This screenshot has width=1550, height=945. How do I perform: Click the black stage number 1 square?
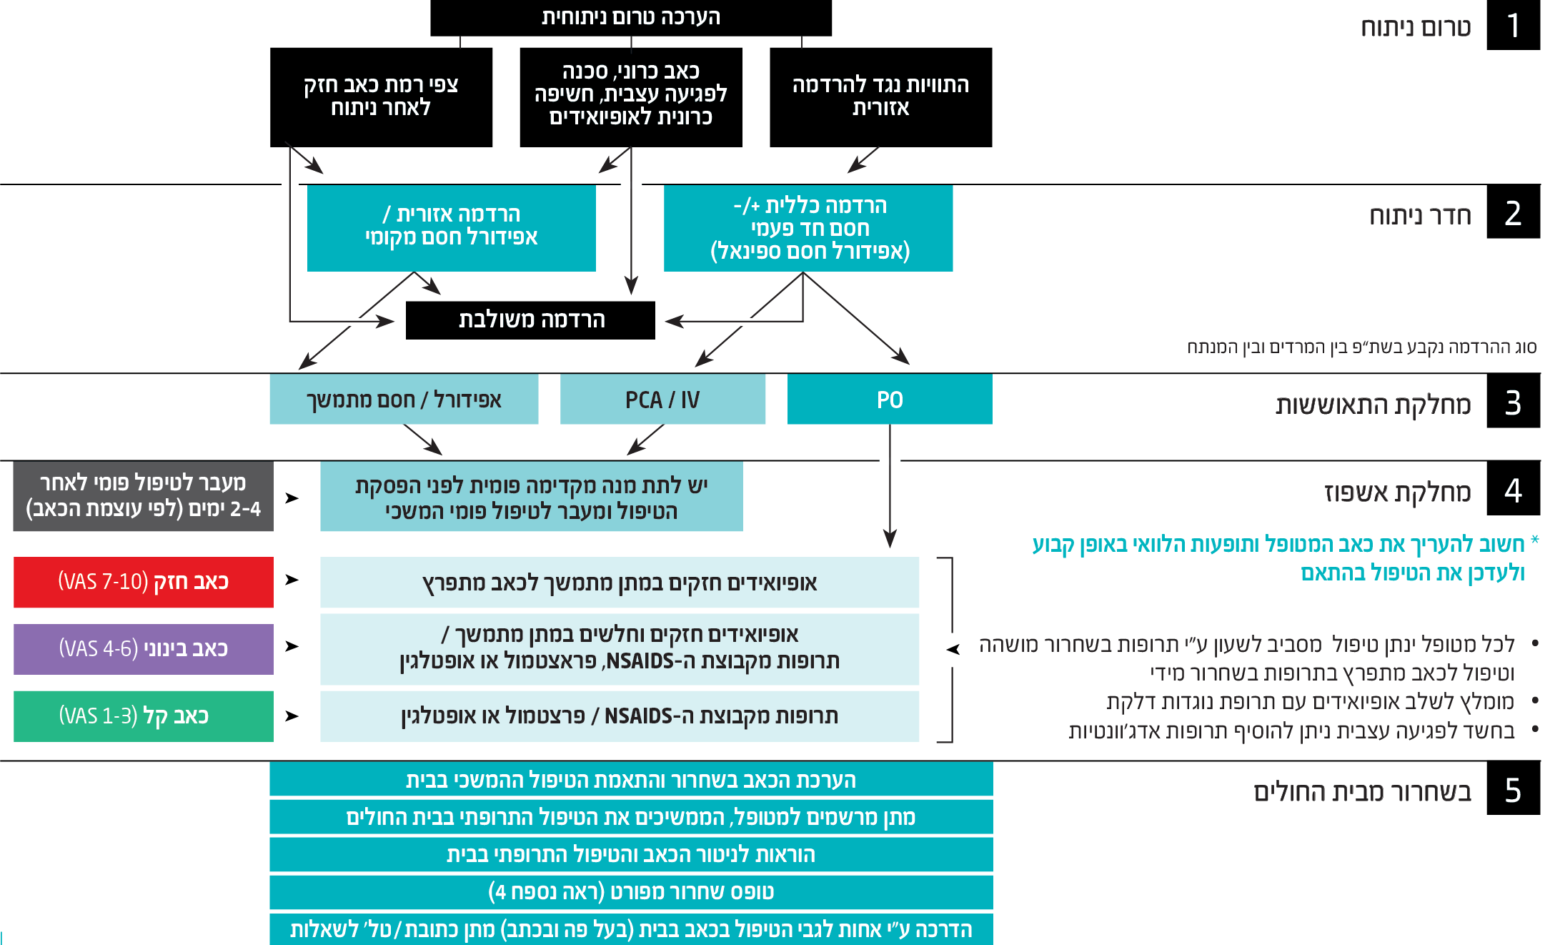(x=1513, y=25)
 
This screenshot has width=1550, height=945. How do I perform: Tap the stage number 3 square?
(x=1513, y=402)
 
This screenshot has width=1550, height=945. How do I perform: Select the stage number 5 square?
(x=1513, y=789)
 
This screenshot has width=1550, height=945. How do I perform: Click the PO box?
(x=890, y=400)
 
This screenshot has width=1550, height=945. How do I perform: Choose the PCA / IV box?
(x=662, y=400)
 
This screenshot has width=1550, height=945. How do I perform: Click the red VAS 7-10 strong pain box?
(x=143, y=582)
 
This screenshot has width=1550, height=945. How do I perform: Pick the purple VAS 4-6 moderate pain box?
(x=143, y=649)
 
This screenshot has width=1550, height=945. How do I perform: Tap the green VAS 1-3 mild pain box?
(x=143, y=716)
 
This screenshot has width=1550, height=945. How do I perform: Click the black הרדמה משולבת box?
(x=530, y=320)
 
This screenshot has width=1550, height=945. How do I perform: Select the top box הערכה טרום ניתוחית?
(x=631, y=17)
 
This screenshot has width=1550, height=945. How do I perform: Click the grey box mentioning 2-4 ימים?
(x=143, y=496)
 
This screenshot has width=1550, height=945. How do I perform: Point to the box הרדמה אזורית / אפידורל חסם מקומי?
(x=451, y=227)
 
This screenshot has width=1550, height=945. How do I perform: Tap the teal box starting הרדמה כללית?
(x=808, y=228)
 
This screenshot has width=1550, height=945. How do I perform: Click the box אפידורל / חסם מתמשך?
(x=404, y=400)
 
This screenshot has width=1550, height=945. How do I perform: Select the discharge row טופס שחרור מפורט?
(x=631, y=891)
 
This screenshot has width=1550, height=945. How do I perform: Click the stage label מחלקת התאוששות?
(x=1373, y=405)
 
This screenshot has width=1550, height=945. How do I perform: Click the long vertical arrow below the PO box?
(x=890, y=486)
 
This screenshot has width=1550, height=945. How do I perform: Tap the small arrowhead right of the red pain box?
(x=292, y=580)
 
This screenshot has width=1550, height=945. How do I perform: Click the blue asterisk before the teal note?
(x=1535, y=540)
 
